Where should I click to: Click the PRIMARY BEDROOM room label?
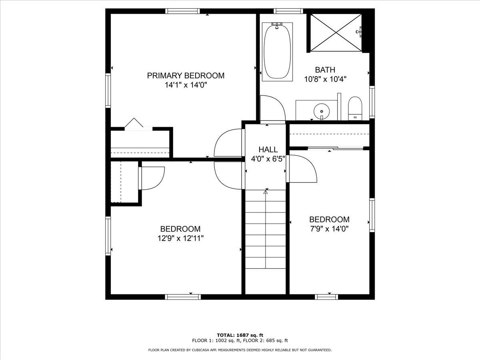(x=186, y=76)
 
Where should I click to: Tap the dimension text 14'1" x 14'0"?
(x=186, y=85)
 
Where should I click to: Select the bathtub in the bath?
(x=277, y=52)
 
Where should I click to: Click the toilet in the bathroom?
(x=355, y=108)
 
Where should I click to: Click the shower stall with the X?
(x=336, y=33)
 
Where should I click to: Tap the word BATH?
(x=325, y=70)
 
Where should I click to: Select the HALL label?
(x=268, y=150)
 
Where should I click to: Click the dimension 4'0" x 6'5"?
(x=268, y=159)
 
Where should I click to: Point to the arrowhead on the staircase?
(x=266, y=192)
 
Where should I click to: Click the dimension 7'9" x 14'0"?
(x=329, y=229)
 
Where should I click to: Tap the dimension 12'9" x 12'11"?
(x=181, y=238)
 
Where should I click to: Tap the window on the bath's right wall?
(x=372, y=102)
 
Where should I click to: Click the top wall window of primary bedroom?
(x=182, y=11)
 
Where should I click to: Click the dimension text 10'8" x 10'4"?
(x=325, y=79)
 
